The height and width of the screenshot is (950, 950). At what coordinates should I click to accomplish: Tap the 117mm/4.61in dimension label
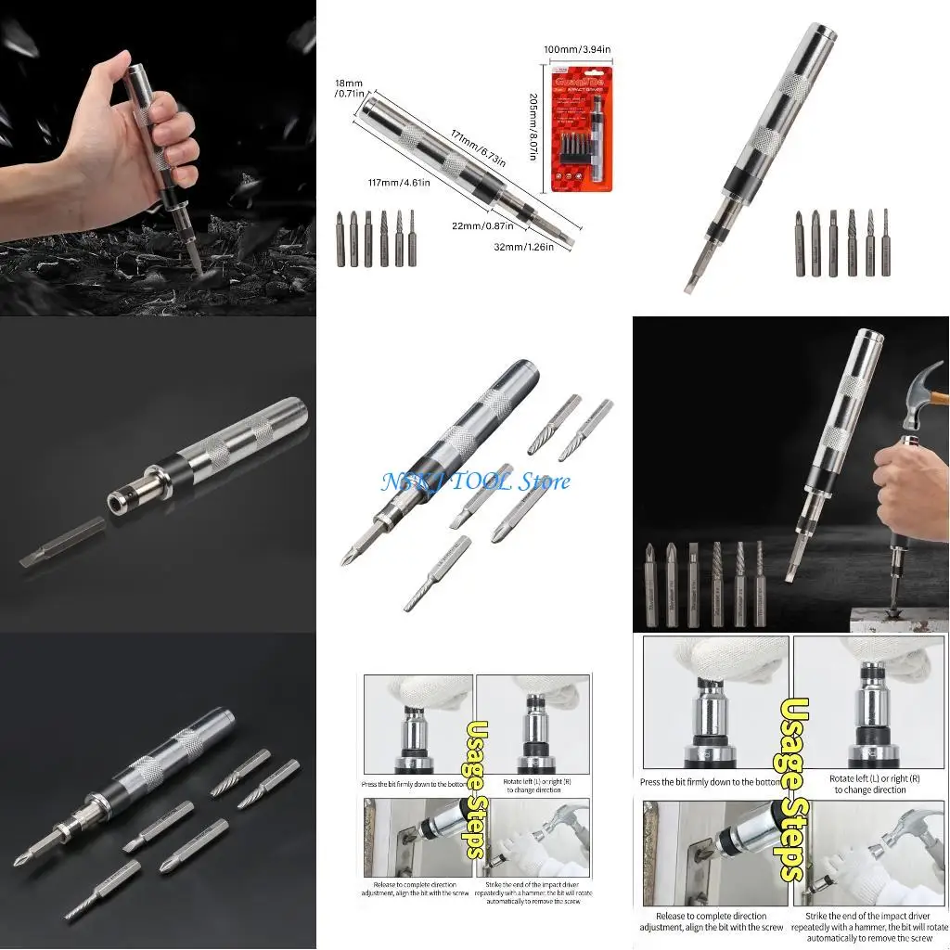(x=397, y=184)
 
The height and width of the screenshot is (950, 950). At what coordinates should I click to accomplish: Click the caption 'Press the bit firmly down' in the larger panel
(x=711, y=782)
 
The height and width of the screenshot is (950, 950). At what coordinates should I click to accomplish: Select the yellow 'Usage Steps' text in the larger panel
(x=790, y=789)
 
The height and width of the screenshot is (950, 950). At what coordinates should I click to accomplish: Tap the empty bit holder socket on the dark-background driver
(x=117, y=502)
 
